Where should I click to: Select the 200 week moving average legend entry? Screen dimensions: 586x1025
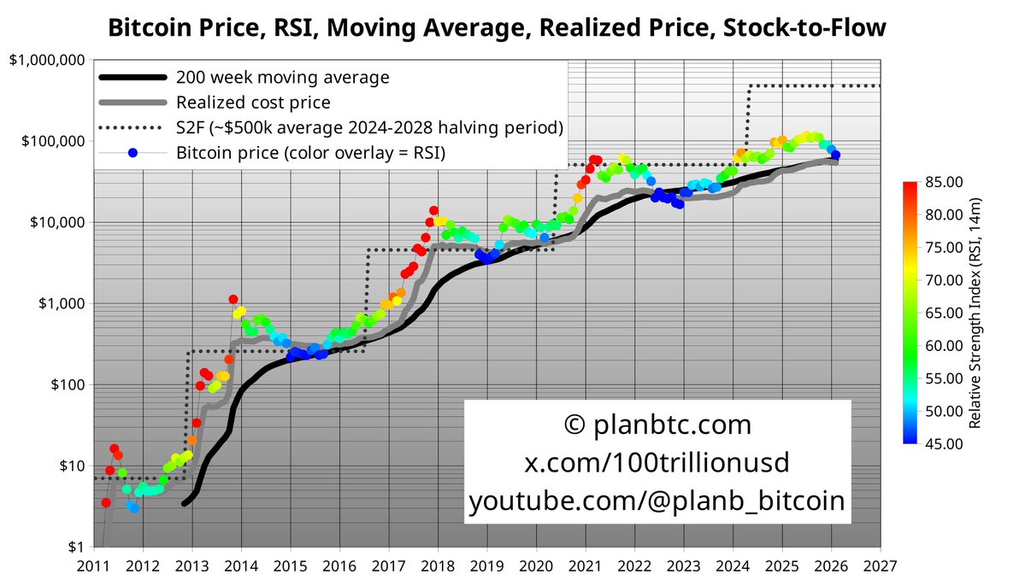pos(282,78)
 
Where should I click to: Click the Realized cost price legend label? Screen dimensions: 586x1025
pos(253,103)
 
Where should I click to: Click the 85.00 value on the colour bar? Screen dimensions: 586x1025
pos(944,181)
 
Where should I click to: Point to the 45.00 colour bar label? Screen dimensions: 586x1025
pos(944,443)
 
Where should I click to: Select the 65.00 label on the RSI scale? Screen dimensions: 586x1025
pos(944,313)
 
